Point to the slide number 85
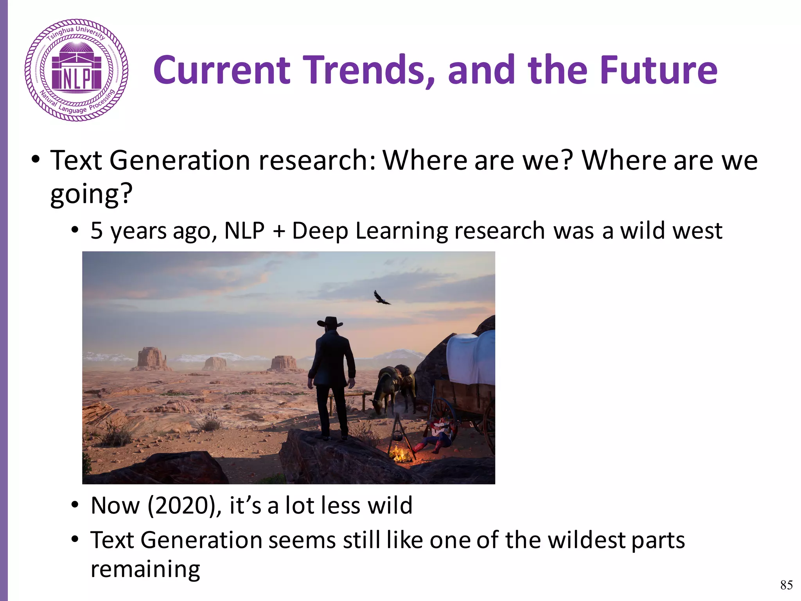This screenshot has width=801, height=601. click(786, 585)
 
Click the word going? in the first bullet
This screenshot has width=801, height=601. click(92, 194)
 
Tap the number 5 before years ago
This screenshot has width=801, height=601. click(97, 230)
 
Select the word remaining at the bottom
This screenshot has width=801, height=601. click(145, 569)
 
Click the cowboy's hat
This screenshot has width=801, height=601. click(330, 322)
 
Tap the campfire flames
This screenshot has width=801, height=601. click(399, 454)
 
